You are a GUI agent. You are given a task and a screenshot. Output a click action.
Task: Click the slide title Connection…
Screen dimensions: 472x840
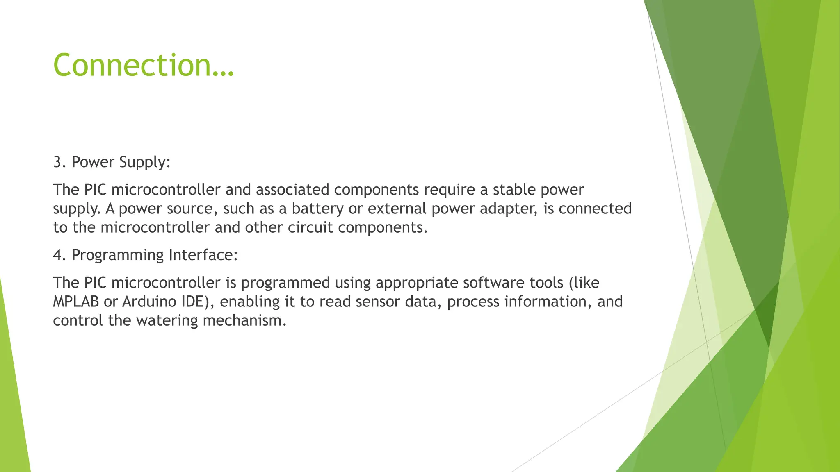click(143, 65)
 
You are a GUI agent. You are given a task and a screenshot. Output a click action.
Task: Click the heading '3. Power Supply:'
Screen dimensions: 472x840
click(112, 162)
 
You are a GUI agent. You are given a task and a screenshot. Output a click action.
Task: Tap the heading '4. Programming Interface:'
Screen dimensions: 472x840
click(145, 255)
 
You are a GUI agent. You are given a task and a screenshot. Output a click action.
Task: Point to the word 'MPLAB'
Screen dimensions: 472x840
click(76, 302)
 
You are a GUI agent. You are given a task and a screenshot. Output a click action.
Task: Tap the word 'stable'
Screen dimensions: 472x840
click(514, 190)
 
